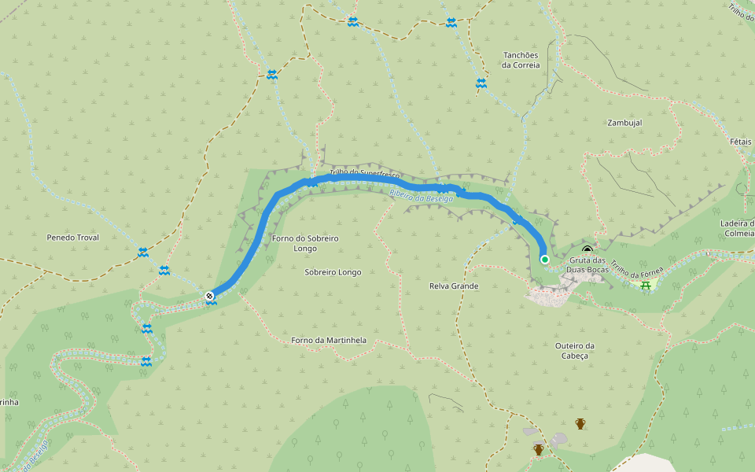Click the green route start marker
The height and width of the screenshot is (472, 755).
[x=544, y=259]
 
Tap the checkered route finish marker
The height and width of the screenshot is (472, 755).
[x=210, y=296]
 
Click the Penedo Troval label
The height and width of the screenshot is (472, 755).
[x=72, y=237]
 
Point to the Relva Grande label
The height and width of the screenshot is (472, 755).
[x=455, y=286]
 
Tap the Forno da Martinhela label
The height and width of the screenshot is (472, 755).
[x=329, y=341]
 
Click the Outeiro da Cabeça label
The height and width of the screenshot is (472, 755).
[x=574, y=351]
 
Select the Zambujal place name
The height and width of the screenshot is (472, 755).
[x=624, y=123]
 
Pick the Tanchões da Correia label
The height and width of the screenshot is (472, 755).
[x=521, y=60]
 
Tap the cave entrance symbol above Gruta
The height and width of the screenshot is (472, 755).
[x=587, y=250]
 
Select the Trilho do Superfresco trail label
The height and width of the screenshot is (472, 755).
[x=365, y=173]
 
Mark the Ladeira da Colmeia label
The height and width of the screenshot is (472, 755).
[x=738, y=227]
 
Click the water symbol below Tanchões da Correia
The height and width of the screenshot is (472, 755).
[x=481, y=83]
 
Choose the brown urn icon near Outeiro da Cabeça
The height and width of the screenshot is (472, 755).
[x=580, y=423]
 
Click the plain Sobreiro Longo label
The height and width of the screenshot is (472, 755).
[x=333, y=272]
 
